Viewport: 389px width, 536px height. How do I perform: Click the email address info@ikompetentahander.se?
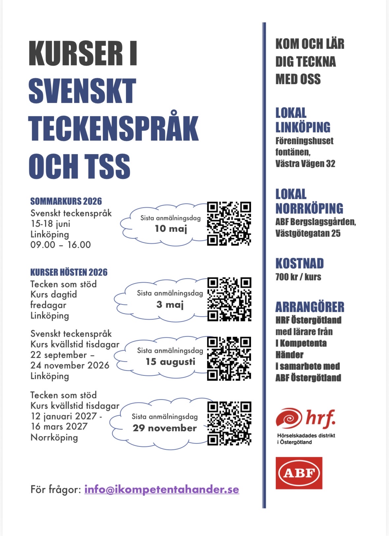162,489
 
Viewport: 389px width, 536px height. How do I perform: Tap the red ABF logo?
299,473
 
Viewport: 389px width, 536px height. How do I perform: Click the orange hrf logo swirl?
289,418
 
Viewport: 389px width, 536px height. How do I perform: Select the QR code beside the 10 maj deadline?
229,224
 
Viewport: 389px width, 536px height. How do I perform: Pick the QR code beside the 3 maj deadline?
229,299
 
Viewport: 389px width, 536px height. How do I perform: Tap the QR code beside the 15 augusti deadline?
229,358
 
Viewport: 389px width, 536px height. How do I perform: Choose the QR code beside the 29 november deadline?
229,423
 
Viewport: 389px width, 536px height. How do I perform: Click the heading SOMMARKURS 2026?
66,201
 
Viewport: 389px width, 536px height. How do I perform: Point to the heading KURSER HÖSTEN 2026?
69,272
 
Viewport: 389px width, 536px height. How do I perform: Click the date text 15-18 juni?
50,224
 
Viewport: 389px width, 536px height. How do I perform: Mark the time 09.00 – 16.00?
60,245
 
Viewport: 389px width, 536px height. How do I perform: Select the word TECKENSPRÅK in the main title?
113,129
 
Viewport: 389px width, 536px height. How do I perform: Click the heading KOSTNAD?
300,264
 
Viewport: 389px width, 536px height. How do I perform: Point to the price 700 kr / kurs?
298,277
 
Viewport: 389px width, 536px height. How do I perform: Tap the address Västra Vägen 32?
305,164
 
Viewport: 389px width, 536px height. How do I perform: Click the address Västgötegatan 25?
308,233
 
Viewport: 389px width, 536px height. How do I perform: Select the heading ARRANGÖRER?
310,307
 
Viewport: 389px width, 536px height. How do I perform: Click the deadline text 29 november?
165,428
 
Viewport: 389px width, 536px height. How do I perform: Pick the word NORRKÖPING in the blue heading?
309,209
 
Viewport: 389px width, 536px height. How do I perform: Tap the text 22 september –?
62,355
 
